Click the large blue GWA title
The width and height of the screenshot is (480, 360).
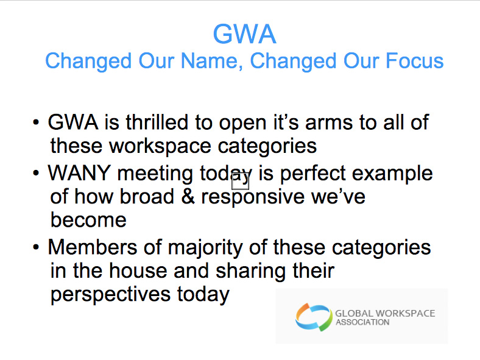pyautogui.click(x=245, y=34)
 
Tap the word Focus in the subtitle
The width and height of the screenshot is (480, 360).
pyautogui.click(x=414, y=61)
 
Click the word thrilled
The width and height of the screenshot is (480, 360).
pyautogui.click(x=157, y=122)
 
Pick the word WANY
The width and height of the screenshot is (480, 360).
pyautogui.click(x=79, y=173)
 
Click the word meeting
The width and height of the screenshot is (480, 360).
pyautogui.click(x=155, y=174)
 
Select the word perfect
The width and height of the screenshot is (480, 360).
pyautogui.click(x=313, y=174)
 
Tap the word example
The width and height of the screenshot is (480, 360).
pyautogui.click(x=392, y=174)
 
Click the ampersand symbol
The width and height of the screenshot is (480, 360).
pyautogui.click(x=188, y=197)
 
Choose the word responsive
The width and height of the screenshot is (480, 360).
pyautogui.click(x=253, y=197)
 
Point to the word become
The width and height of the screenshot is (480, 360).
pyautogui.click(x=88, y=219)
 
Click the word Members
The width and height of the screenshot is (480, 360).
pyautogui.click(x=93, y=247)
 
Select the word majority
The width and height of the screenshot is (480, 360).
pyautogui.click(x=205, y=248)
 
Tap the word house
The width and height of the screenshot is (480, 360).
pyautogui.click(x=138, y=270)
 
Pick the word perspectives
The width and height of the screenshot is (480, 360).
pyautogui.click(x=110, y=295)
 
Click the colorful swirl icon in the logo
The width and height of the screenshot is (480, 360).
pyautogui.click(x=314, y=317)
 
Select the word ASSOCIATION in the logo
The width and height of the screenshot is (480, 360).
pyautogui.click(x=362, y=322)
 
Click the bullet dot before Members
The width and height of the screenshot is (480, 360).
pyautogui.click(x=36, y=247)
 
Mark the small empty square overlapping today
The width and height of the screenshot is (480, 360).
pyautogui.click(x=241, y=182)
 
